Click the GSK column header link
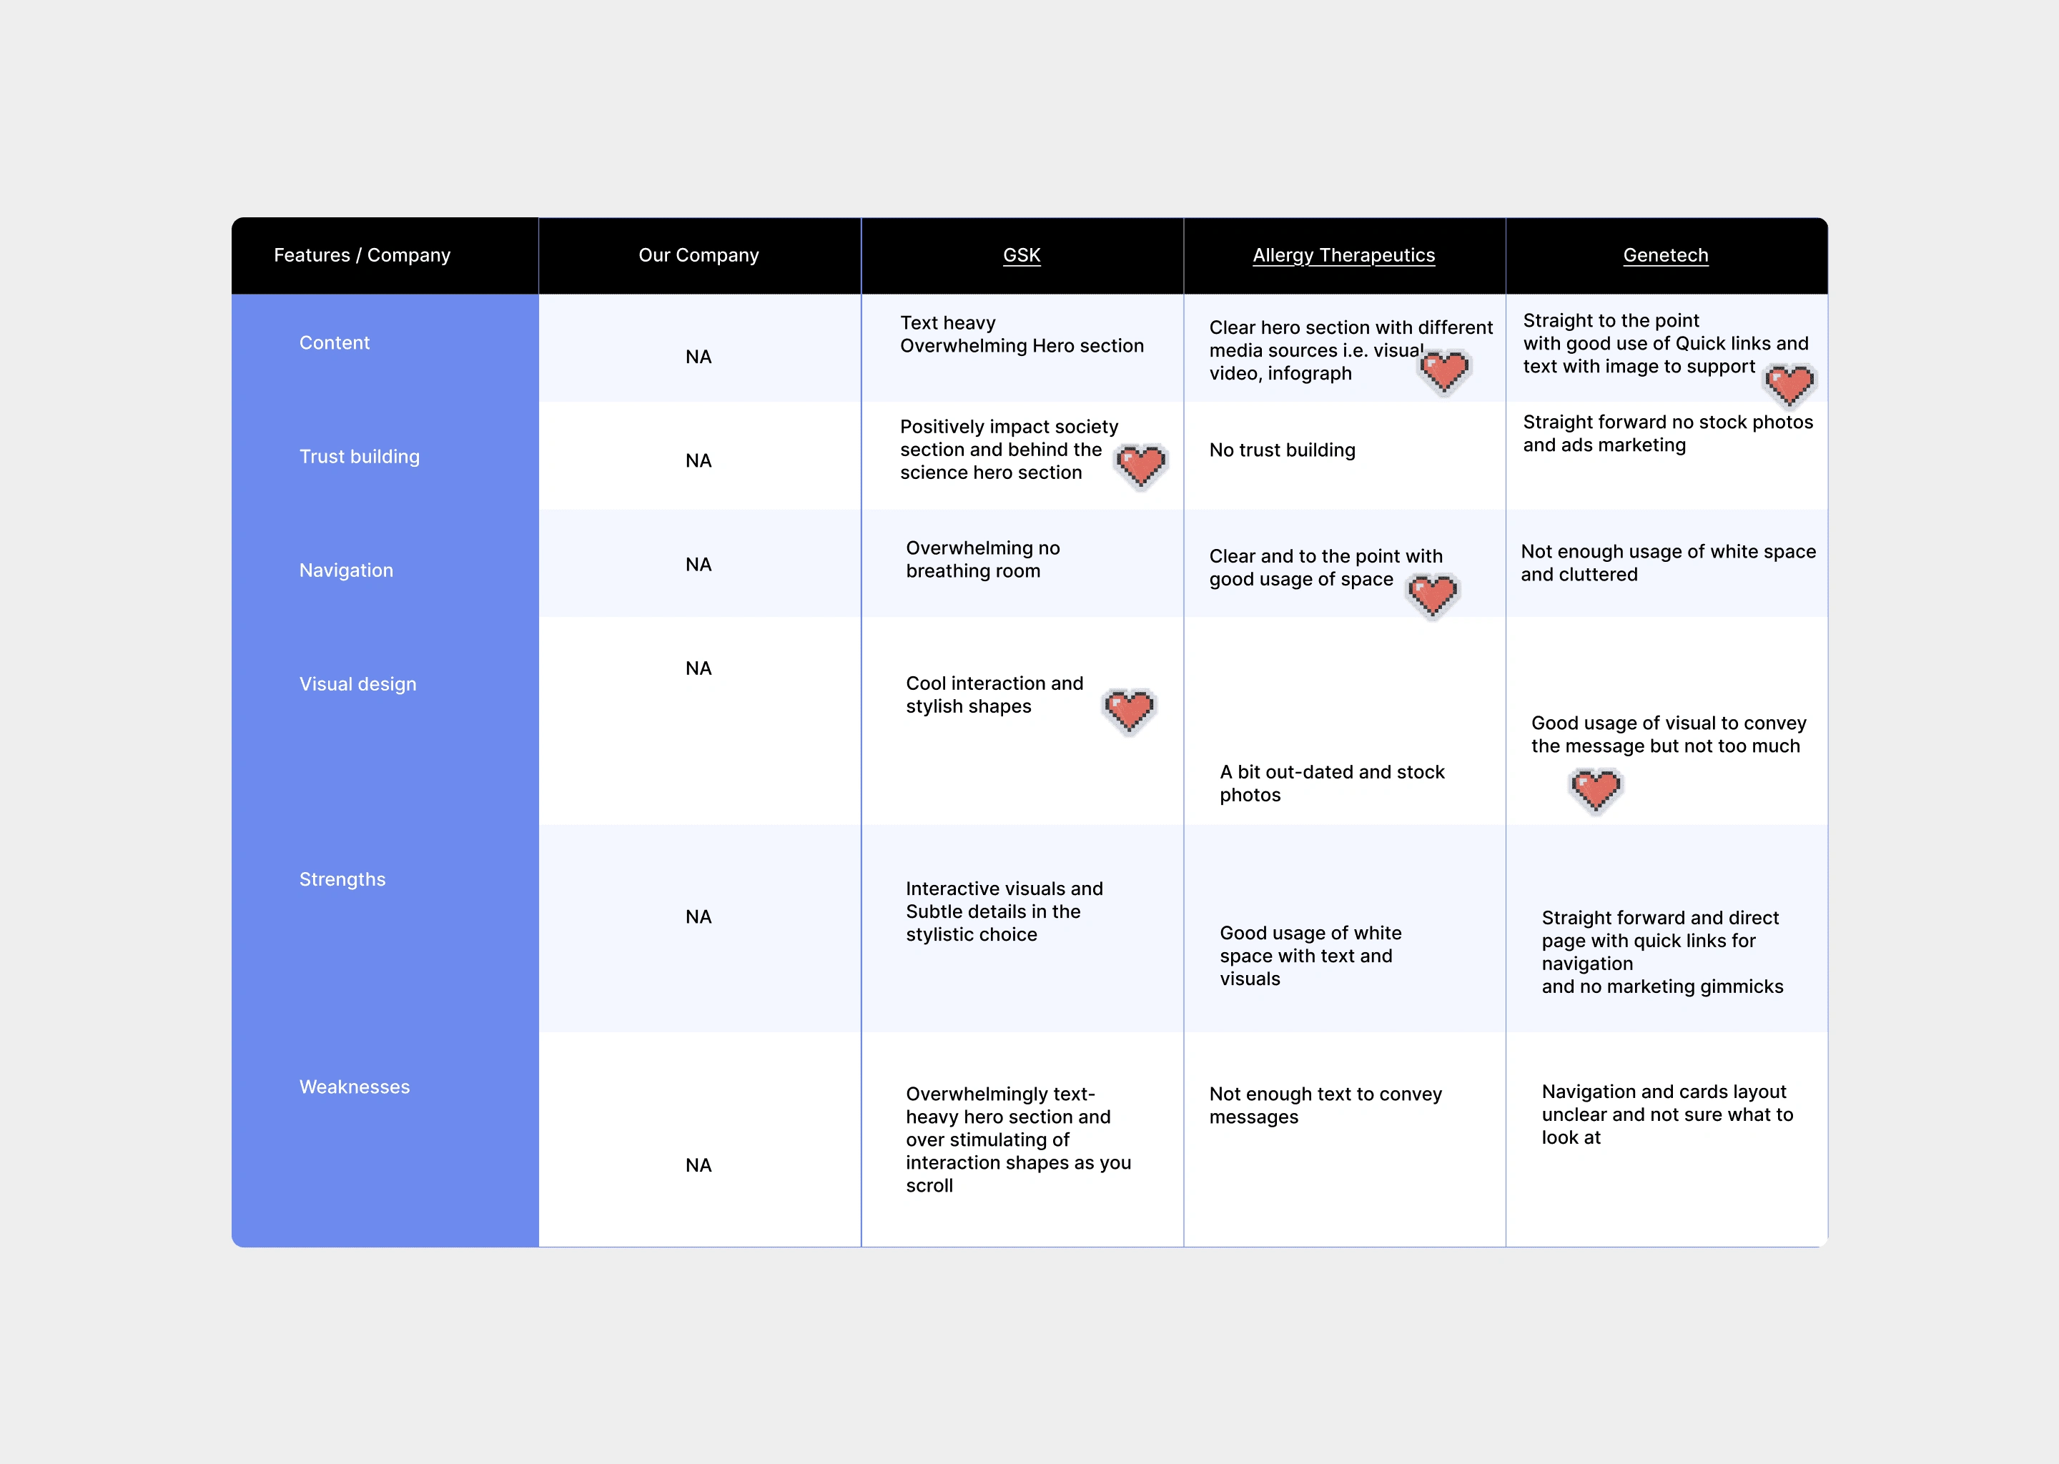[x=1022, y=255]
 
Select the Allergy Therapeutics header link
[x=1343, y=255]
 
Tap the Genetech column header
[x=1665, y=255]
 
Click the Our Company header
[x=698, y=255]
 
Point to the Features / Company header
[x=362, y=255]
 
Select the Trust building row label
[x=359, y=456]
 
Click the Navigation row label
[x=346, y=570]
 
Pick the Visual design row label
[x=358, y=683]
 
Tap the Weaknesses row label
[x=355, y=1087]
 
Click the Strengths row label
[x=342, y=879]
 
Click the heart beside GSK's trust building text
[x=1140, y=466]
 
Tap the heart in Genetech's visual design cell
[x=1596, y=791]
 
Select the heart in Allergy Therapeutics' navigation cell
[x=1433, y=595]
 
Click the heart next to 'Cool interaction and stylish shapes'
[x=1129, y=711]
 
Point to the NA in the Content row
[x=698, y=357]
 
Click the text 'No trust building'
[x=1282, y=450]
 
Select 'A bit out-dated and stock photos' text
[x=1331, y=783]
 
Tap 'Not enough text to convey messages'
[x=1325, y=1104]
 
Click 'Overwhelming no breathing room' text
[x=982, y=559]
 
